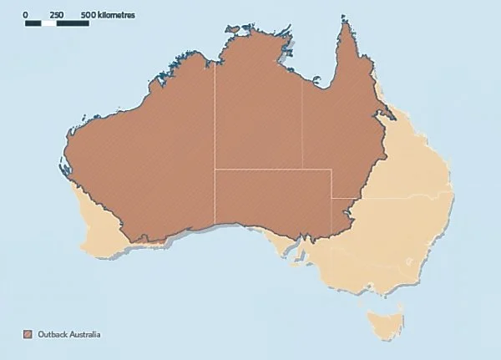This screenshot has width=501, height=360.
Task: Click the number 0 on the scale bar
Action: coord(26,15)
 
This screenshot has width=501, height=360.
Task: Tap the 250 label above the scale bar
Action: coord(57,15)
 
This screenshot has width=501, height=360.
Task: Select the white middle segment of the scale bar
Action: coord(49,23)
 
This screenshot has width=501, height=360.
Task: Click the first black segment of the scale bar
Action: coord(33,23)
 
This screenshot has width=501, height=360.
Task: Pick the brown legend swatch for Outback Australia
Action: coord(28,334)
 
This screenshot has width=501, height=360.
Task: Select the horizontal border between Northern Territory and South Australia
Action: coord(259,170)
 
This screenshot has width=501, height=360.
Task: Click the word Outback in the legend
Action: coord(49,334)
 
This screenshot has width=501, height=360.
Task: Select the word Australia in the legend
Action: coord(83,334)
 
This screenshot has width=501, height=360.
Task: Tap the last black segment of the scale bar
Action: coord(73,23)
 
